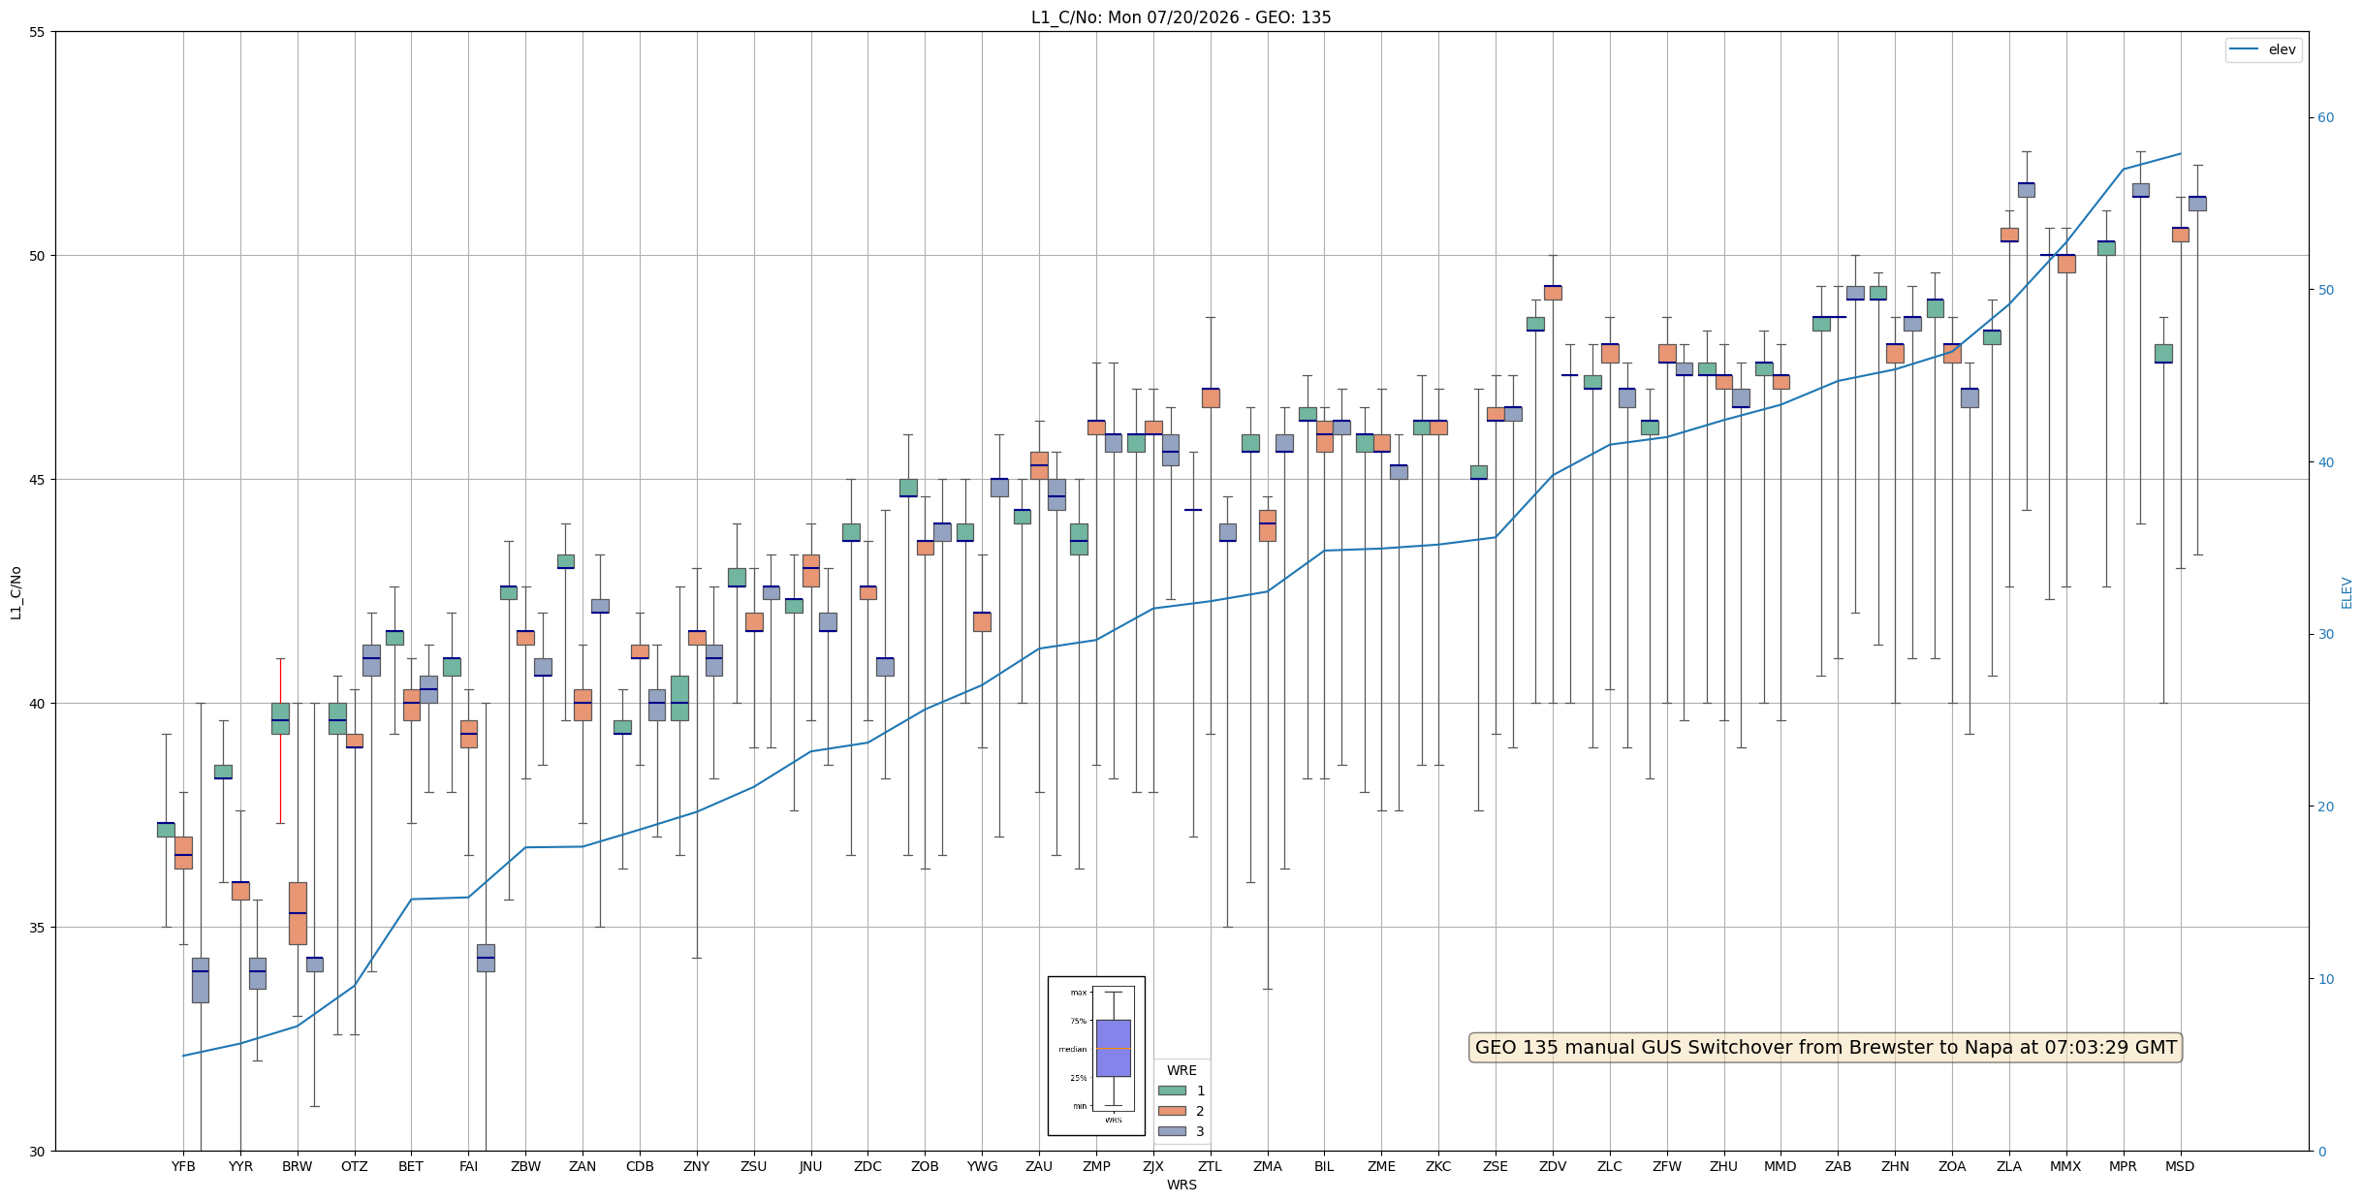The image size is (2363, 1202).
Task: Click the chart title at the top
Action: [x=1181, y=17]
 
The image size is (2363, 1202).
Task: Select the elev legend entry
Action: [x=2262, y=49]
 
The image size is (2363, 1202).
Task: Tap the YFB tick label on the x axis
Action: [x=183, y=1166]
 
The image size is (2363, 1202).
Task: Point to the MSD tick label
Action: [x=2180, y=1166]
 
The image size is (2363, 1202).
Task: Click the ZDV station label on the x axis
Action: [x=1553, y=1166]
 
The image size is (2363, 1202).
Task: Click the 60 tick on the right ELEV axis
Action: [x=2326, y=118]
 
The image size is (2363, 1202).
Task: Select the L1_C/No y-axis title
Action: [x=16, y=592]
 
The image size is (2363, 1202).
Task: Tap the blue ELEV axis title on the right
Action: [x=2347, y=592]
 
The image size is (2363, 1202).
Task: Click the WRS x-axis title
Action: [x=1181, y=1185]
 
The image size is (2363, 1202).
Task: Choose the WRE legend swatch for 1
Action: [x=1172, y=1091]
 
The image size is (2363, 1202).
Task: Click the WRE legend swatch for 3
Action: [x=1172, y=1131]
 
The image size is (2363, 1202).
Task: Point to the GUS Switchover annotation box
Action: [x=1826, y=1047]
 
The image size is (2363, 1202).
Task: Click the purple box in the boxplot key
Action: [x=1113, y=1048]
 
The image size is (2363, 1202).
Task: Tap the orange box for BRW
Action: [x=298, y=913]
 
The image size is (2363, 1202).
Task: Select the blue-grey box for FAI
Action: [x=486, y=958]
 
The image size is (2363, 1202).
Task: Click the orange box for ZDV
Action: [x=1553, y=293]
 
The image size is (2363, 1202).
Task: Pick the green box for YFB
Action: [x=166, y=830]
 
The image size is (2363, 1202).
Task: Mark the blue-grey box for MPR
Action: [x=2140, y=190]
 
